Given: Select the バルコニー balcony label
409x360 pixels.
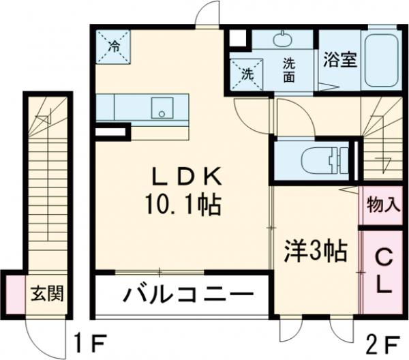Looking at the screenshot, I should click(183, 296).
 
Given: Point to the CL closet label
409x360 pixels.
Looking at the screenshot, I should click(384, 271).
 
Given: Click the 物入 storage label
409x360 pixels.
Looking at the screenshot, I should click(384, 204).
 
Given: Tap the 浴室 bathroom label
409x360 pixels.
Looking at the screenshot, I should click(340, 59).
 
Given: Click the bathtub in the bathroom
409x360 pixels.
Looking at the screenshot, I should click(382, 61).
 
